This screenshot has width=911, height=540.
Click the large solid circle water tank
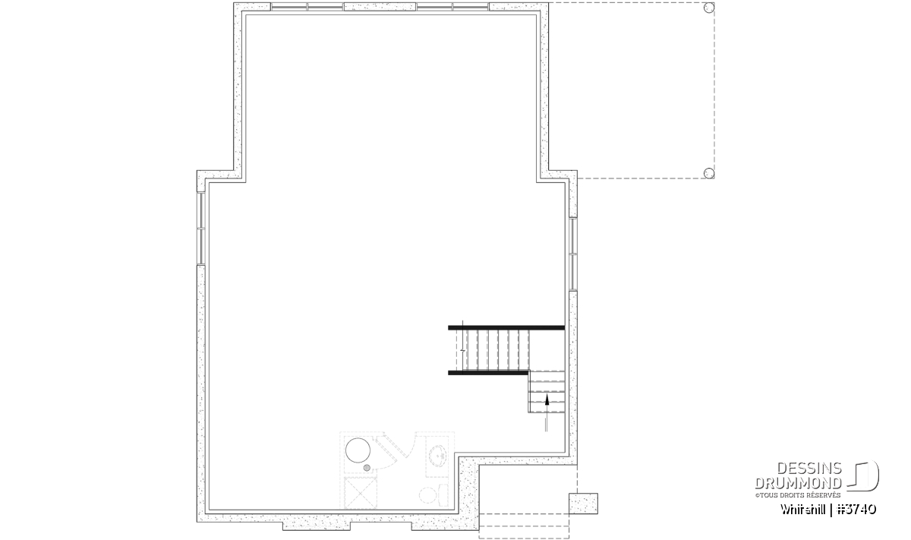tap(358, 450)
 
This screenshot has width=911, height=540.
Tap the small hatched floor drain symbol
tap(367, 468)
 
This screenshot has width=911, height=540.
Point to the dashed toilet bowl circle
tap(427, 495)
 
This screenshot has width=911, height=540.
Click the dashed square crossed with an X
tap(361, 493)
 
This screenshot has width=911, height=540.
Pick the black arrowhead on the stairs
tap(547, 399)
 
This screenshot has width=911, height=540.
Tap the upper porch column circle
tap(708, 8)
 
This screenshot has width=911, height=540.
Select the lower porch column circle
tap(708, 173)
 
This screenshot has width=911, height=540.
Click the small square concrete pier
tap(583, 504)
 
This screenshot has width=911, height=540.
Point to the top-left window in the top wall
tap(307, 7)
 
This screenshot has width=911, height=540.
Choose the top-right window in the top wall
tap(452, 7)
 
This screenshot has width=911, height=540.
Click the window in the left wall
tap(201, 229)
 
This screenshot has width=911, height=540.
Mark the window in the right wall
tap(572, 254)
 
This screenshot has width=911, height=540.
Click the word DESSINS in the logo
tap(809, 469)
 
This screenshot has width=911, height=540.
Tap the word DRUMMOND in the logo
tap(798, 484)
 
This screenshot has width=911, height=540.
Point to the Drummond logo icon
tap(862, 475)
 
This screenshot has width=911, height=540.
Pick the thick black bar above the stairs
tap(506, 327)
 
